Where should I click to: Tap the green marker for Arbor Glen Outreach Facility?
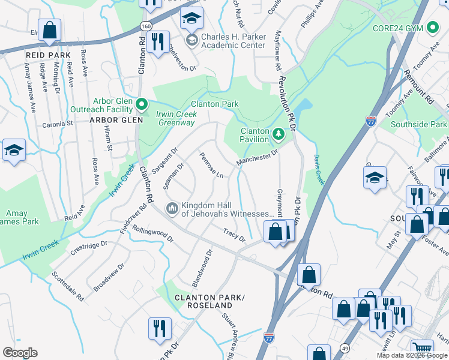coord(142,106)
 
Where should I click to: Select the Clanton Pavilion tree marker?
coord(278,133)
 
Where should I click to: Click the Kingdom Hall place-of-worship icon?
coord(171,208)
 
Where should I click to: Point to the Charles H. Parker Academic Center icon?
coord(191,41)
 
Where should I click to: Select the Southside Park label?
coord(418,124)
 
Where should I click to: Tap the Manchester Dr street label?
coord(257,157)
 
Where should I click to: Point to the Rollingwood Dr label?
coord(152,233)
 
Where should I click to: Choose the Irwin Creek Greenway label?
coord(176,118)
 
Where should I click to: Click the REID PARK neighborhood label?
coord(44,55)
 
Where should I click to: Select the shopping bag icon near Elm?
coord(49,29)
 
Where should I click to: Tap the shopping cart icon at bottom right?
coord(423,349)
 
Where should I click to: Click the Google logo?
coord(20,352)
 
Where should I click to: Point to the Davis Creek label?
coord(319,170)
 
